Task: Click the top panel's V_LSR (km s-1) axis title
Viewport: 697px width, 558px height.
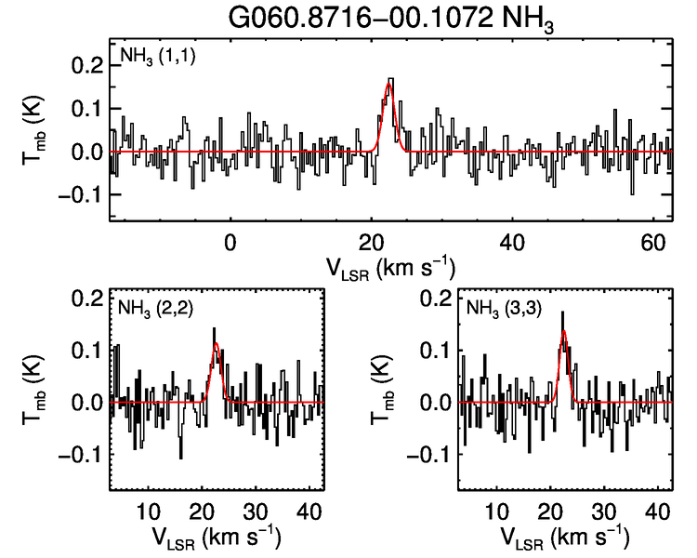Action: (390, 267)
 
